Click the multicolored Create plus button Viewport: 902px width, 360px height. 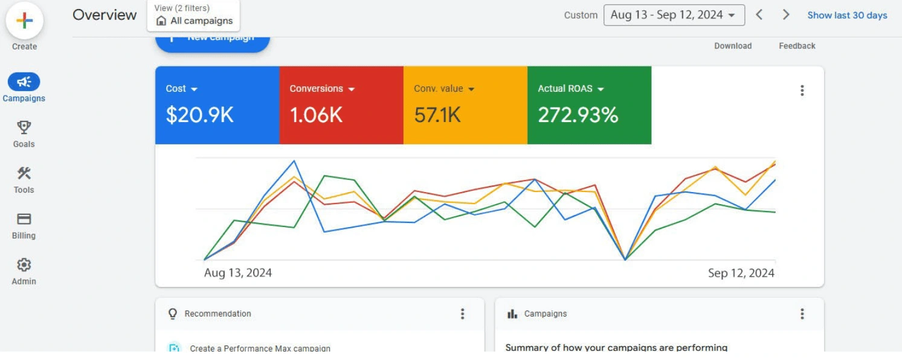(x=25, y=21)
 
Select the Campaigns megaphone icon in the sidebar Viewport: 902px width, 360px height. (x=24, y=82)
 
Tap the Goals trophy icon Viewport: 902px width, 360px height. (x=24, y=127)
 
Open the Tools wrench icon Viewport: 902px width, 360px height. (x=24, y=173)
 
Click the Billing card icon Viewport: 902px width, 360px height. (x=24, y=219)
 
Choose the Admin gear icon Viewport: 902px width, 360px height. (x=24, y=265)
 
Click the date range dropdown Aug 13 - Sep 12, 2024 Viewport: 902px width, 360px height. (x=674, y=16)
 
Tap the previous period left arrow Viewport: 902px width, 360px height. (x=759, y=15)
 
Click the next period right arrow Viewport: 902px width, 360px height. (x=786, y=15)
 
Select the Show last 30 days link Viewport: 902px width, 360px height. (x=847, y=16)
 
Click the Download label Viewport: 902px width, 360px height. (x=733, y=46)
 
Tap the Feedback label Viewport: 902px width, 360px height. (x=797, y=46)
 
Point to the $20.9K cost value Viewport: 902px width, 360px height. (x=199, y=115)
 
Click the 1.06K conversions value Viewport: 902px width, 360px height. (x=316, y=115)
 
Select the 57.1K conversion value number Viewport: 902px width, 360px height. (x=437, y=115)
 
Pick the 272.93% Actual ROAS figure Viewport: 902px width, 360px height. (x=578, y=115)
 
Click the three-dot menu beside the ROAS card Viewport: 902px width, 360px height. (x=802, y=91)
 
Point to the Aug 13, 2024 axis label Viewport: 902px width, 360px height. (x=238, y=273)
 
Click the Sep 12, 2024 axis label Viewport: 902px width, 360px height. (x=741, y=273)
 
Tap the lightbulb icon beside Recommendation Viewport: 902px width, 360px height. (x=173, y=313)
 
